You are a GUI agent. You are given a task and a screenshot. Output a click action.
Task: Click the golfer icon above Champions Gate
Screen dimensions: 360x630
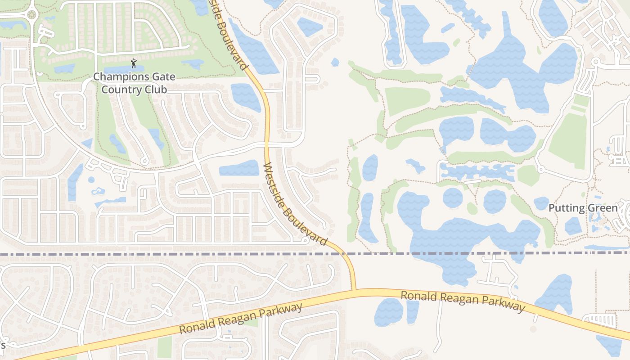[134, 64]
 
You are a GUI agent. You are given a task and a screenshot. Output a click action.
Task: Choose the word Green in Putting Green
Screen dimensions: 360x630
[601, 208]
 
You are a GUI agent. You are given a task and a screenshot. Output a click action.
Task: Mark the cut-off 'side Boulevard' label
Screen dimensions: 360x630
[229, 34]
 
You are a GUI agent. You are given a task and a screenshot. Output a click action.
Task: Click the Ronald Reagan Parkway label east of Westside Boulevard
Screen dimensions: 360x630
[463, 301]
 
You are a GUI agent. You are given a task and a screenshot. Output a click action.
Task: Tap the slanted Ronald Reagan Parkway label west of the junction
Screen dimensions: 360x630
[241, 319]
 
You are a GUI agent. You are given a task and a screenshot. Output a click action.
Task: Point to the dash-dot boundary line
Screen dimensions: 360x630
[180, 254]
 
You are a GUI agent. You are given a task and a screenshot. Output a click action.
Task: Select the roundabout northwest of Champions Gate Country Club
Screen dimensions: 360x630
[31, 14]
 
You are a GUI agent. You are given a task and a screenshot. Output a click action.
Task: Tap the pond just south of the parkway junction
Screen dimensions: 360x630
[388, 312]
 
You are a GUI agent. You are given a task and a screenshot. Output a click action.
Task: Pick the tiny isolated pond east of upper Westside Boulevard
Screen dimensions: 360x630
[335, 62]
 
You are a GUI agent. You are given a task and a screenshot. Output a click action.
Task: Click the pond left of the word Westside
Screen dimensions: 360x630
[239, 168]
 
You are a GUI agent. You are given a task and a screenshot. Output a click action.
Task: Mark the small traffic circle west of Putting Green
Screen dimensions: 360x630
[540, 170]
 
